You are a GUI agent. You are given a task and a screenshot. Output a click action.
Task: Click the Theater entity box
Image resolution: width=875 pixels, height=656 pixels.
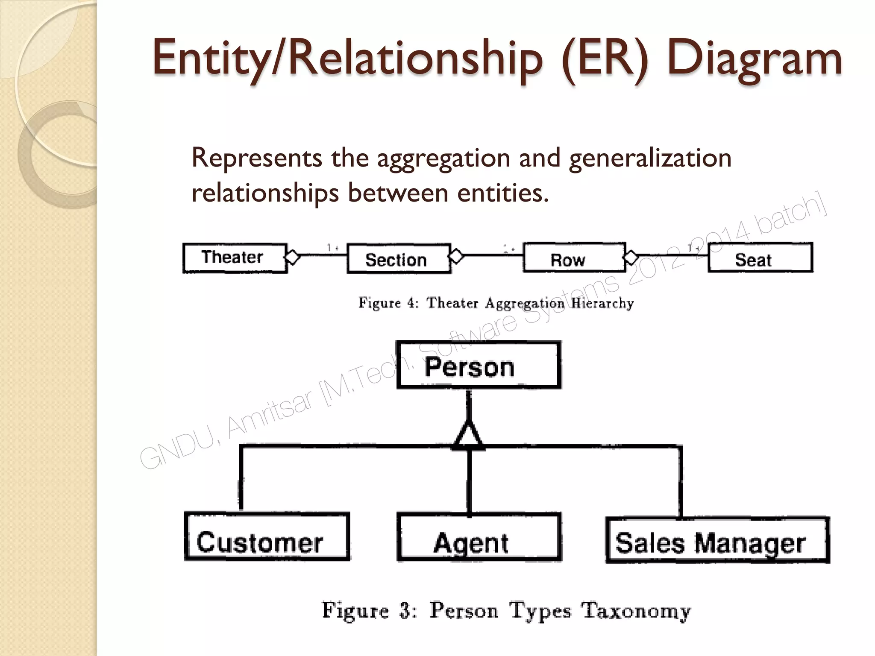click(235, 258)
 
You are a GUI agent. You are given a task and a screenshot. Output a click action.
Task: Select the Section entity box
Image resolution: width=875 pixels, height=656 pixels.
click(399, 259)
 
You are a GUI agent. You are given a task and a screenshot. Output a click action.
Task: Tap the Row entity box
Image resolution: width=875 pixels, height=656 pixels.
click(574, 258)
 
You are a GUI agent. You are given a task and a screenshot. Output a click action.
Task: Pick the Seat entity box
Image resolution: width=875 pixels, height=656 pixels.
click(760, 258)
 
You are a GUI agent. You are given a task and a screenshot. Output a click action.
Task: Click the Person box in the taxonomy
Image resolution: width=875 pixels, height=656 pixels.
click(479, 365)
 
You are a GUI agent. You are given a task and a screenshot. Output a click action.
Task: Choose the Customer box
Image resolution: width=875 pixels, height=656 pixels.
click(267, 536)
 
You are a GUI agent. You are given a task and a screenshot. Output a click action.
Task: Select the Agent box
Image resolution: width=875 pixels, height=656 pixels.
click(479, 537)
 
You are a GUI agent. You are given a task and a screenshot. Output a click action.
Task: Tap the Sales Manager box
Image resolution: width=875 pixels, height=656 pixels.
click(717, 540)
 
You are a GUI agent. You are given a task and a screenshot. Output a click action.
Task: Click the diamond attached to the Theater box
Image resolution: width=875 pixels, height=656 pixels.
click(293, 257)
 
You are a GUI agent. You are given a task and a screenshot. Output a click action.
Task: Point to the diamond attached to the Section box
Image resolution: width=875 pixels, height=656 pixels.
click(456, 256)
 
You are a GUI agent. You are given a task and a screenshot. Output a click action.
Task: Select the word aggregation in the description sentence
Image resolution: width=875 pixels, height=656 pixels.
click(443, 158)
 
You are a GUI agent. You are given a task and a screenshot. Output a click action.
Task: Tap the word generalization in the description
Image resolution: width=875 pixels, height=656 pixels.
click(650, 158)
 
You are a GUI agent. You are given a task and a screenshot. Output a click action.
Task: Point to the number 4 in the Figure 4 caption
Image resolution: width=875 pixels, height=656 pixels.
click(411, 303)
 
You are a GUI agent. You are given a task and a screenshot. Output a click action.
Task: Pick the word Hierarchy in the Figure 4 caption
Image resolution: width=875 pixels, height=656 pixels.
click(602, 303)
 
